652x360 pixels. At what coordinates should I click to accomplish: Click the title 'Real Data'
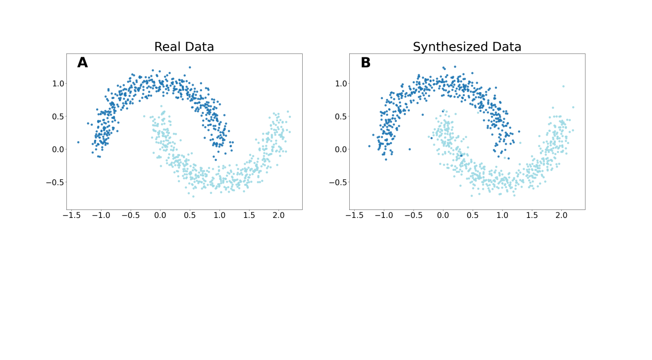(184, 47)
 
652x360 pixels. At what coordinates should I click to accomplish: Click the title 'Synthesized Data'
(467, 47)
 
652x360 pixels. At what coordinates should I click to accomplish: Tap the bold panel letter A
(82, 63)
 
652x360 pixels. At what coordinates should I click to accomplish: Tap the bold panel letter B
(366, 63)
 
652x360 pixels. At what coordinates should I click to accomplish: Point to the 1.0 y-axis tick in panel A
(58, 83)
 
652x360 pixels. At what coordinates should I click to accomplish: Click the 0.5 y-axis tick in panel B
(341, 116)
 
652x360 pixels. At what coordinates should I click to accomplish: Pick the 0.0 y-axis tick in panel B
(341, 149)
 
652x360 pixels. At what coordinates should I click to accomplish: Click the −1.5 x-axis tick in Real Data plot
(71, 215)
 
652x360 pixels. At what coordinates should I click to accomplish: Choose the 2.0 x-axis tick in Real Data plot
(278, 215)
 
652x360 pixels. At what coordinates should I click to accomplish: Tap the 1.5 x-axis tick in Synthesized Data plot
(532, 215)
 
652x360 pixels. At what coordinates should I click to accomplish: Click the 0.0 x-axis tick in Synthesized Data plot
(443, 215)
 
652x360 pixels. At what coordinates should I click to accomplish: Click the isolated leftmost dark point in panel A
(78, 142)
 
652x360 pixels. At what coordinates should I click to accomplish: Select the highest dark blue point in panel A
(189, 67)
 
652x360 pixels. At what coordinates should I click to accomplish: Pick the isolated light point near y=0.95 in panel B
(563, 86)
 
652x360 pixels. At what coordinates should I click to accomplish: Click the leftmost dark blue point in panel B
(369, 146)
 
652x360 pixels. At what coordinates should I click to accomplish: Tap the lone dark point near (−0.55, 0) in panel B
(409, 149)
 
